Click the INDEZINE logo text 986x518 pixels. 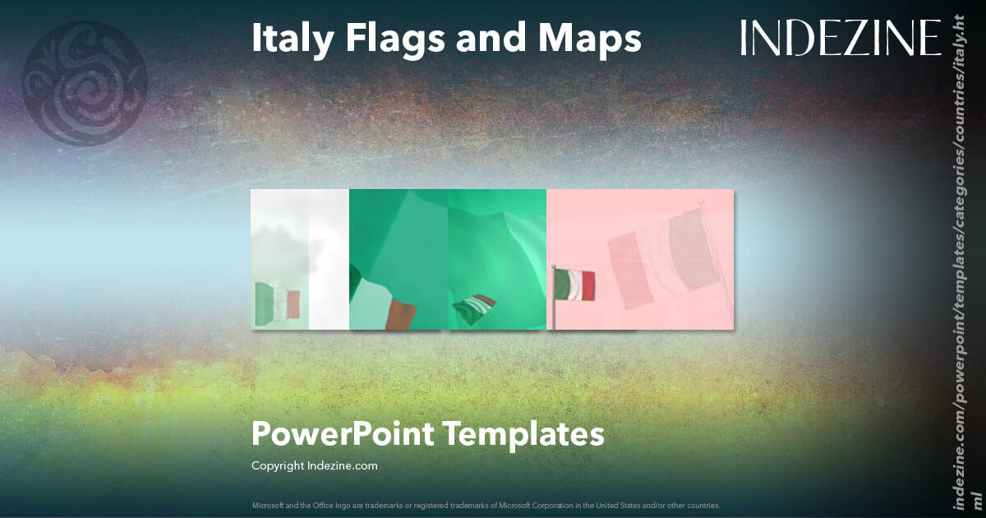coord(840,39)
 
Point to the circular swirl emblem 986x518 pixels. coord(84,84)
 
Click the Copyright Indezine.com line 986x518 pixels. coord(314,465)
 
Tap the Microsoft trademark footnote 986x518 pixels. coord(486,505)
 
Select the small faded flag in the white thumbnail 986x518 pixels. coord(278,302)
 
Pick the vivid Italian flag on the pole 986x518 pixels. coord(575,285)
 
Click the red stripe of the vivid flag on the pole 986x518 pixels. coord(588,285)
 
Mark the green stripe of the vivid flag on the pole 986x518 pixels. coord(563,285)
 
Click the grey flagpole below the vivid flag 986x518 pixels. coord(554,316)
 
